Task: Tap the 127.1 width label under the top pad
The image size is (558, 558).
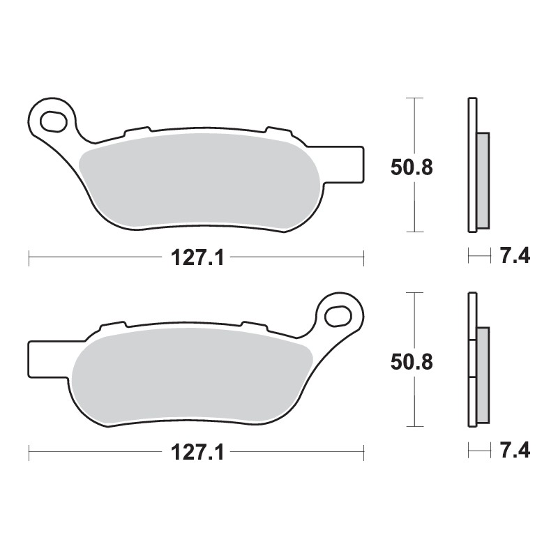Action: [196, 259]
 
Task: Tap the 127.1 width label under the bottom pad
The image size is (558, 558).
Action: [196, 453]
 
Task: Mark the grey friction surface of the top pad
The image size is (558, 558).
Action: [199, 179]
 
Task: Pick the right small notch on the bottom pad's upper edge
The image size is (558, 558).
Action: [252, 325]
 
